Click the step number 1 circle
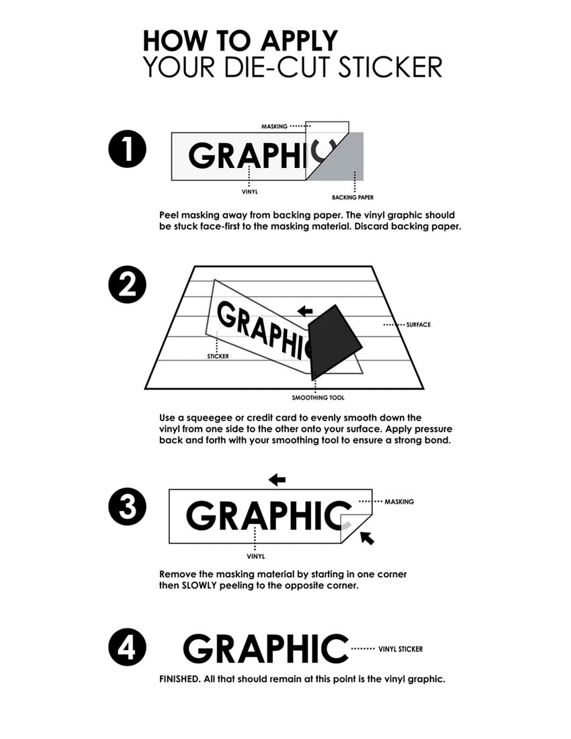pos(127,149)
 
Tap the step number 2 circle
pos(127,285)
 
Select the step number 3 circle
pos(127,507)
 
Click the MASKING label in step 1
pos(274,126)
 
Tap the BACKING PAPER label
pos(353,198)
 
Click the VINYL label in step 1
pos(250,192)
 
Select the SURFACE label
pos(419,324)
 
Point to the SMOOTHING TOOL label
pos(318,398)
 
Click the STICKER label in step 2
pos(218,356)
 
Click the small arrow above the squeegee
pos(305,311)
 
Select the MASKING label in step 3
pos(399,502)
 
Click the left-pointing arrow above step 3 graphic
pos(277,480)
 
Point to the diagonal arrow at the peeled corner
pos(367,537)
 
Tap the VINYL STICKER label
pos(400,649)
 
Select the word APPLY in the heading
pos(300,40)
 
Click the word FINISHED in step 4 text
pos(179,679)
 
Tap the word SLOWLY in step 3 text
pos(199,585)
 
